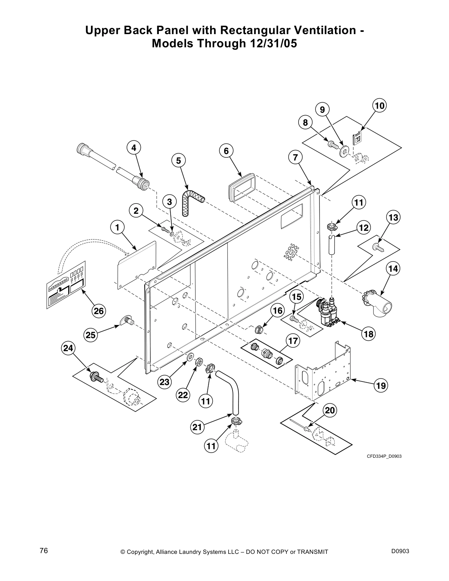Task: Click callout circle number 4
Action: pos(134,148)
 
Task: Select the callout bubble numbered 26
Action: pos(98,311)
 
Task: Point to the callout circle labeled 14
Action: pos(393,269)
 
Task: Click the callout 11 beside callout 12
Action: pos(359,202)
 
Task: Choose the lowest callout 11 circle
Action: pos(211,446)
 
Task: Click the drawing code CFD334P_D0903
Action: pos(382,456)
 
